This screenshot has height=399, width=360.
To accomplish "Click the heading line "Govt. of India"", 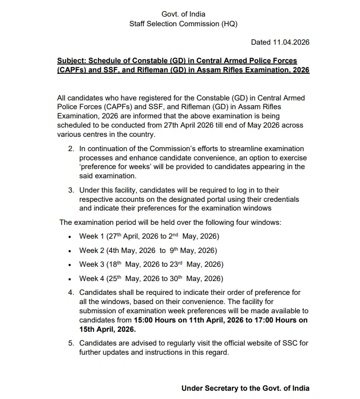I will [x=183, y=14].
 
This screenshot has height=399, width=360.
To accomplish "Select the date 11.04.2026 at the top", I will [x=290, y=42].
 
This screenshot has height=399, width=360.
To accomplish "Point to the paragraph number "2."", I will [x=71, y=148].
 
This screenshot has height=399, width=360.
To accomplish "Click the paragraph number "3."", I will [x=71, y=190].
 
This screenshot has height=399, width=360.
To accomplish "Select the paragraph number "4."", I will [x=71, y=292].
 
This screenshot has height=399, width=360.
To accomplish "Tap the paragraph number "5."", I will [x=71, y=343].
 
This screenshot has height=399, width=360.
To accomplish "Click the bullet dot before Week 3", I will [x=69, y=265].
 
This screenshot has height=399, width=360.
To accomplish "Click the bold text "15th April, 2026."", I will [x=107, y=329].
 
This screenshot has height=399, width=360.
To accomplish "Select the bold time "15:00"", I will [x=143, y=320].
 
